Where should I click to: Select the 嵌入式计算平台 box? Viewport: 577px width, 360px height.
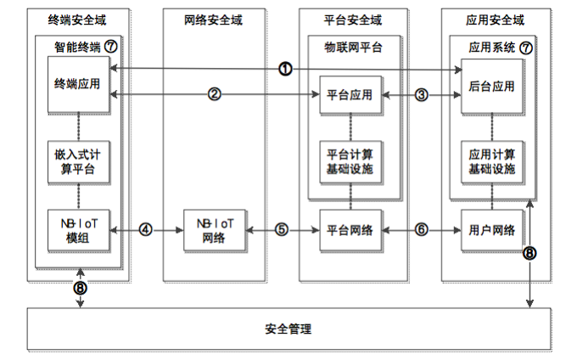pyautogui.click(x=78, y=160)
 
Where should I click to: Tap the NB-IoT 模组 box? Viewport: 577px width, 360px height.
pyautogui.click(x=78, y=229)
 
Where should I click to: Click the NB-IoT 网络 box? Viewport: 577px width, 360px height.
pyautogui.click(x=215, y=229)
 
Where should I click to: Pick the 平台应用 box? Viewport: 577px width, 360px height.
pyautogui.click(x=349, y=94)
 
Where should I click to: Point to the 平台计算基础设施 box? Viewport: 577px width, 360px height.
pyautogui.click(x=349, y=160)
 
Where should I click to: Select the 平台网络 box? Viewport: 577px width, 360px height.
pyautogui.click(x=349, y=229)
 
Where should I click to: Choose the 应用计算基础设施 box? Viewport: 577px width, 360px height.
pyautogui.click(x=492, y=160)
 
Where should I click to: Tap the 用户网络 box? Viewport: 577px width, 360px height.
pyautogui.click(x=492, y=229)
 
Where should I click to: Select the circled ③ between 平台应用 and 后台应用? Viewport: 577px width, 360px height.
pyautogui.click(x=422, y=94)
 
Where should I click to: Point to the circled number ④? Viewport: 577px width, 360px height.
pyautogui.click(x=145, y=229)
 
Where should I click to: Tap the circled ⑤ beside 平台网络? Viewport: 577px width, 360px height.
pyautogui.click(x=283, y=229)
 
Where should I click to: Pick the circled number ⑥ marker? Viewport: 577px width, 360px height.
pyautogui.click(x=422, y=229)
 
